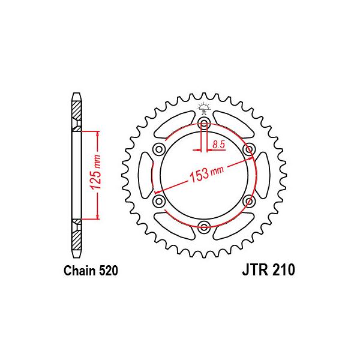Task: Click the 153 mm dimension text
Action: click(x=206, y=174)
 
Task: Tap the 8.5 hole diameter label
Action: click(x=218, y=145)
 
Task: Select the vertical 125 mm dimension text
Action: click(x=96, y=172)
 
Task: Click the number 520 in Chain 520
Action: click(x=109, y=271)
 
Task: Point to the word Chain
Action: click(x=80, y=271)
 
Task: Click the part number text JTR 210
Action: click(x=268, y=270)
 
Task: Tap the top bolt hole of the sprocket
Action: click(x=204, y=122)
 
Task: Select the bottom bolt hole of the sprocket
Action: click(x=204, y=227)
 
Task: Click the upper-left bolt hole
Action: click(x=159, y=149)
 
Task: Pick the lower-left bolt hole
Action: click(x=159, y=201)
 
